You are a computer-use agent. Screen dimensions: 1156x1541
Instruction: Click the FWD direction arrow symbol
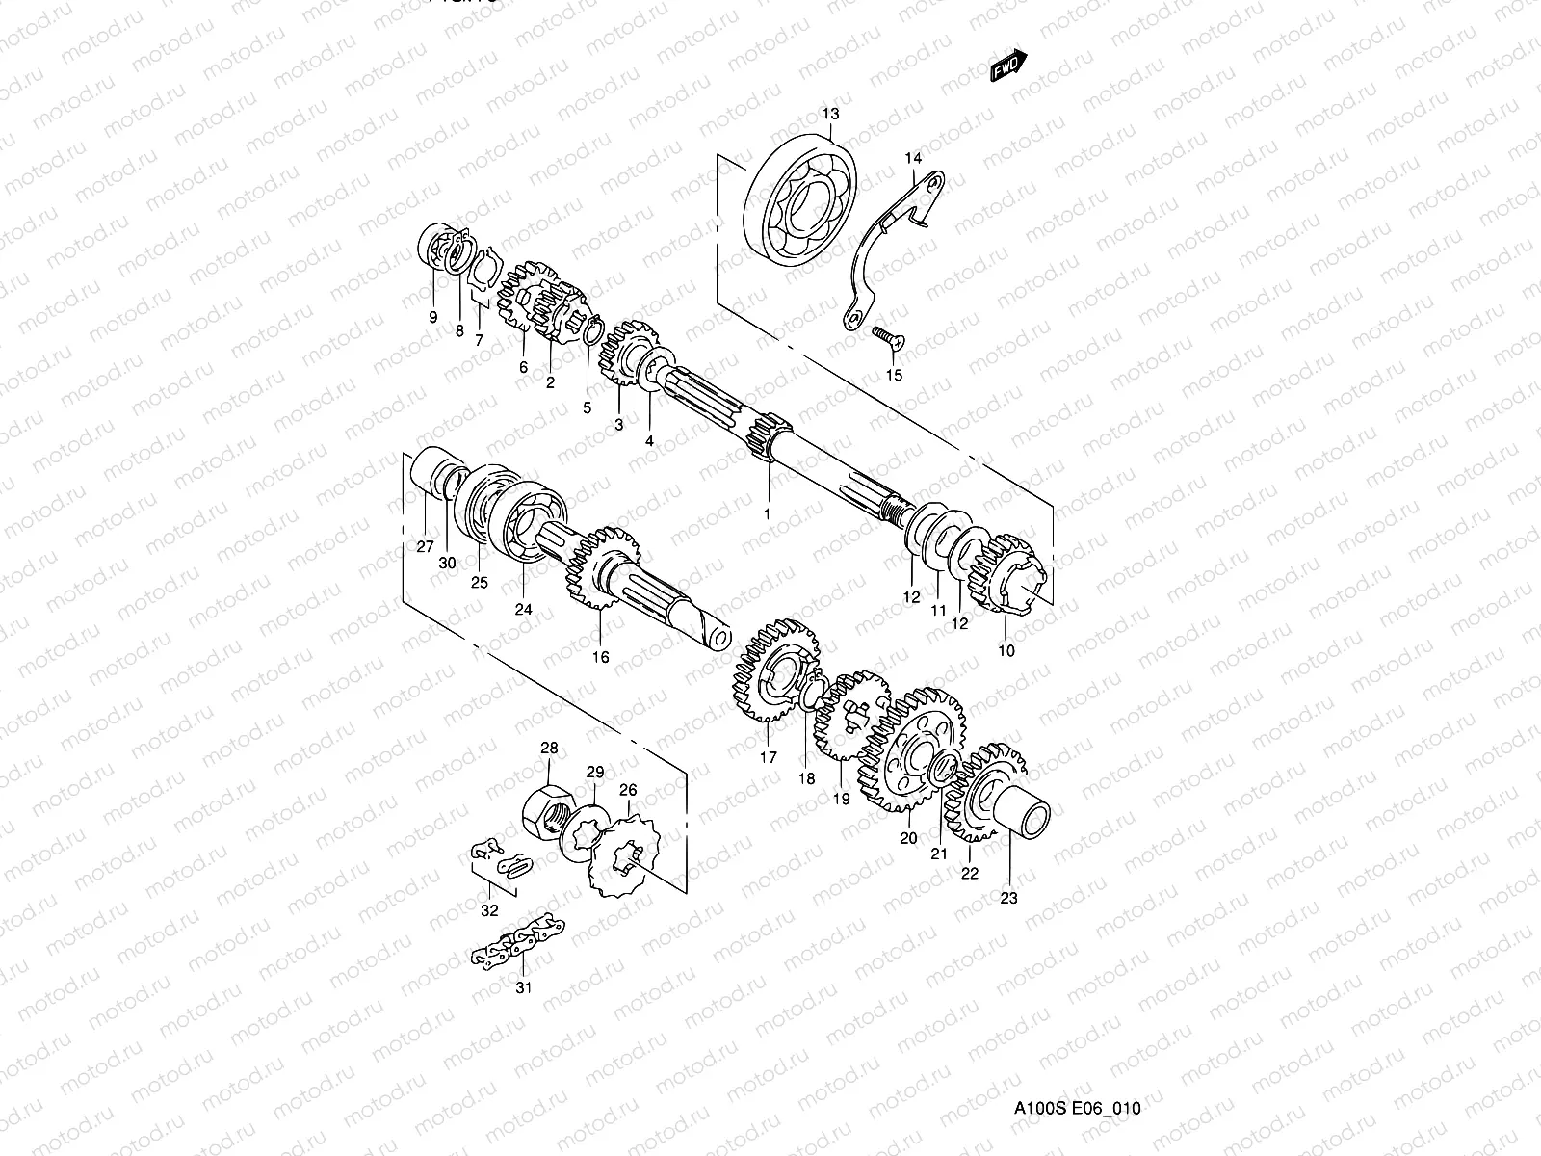pos(1008,66)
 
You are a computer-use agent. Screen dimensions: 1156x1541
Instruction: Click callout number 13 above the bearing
pos(830,114)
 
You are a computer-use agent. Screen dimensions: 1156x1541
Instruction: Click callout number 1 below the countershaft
pos(767,514)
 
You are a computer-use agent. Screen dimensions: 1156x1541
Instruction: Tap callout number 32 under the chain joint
pos(489,909)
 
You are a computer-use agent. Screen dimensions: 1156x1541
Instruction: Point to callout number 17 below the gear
pos(768,757)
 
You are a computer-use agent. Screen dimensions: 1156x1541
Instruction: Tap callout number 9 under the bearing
pos(432,317)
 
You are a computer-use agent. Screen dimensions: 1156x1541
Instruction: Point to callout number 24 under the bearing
pos(523,609)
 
